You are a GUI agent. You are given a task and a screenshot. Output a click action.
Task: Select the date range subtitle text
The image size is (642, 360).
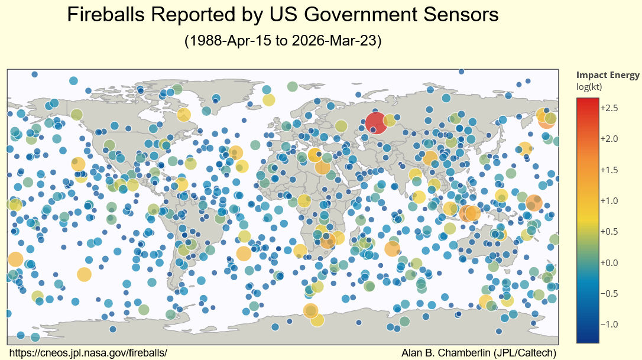point(283,41)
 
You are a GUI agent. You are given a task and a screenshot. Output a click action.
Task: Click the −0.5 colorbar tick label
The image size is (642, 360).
point(608,293)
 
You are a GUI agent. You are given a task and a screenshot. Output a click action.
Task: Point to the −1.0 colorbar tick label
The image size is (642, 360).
point(608,325)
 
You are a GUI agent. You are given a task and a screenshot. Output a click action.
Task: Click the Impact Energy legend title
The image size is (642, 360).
point(607,75)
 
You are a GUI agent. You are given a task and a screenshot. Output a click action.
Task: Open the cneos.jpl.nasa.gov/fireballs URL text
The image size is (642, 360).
point(89,353)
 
